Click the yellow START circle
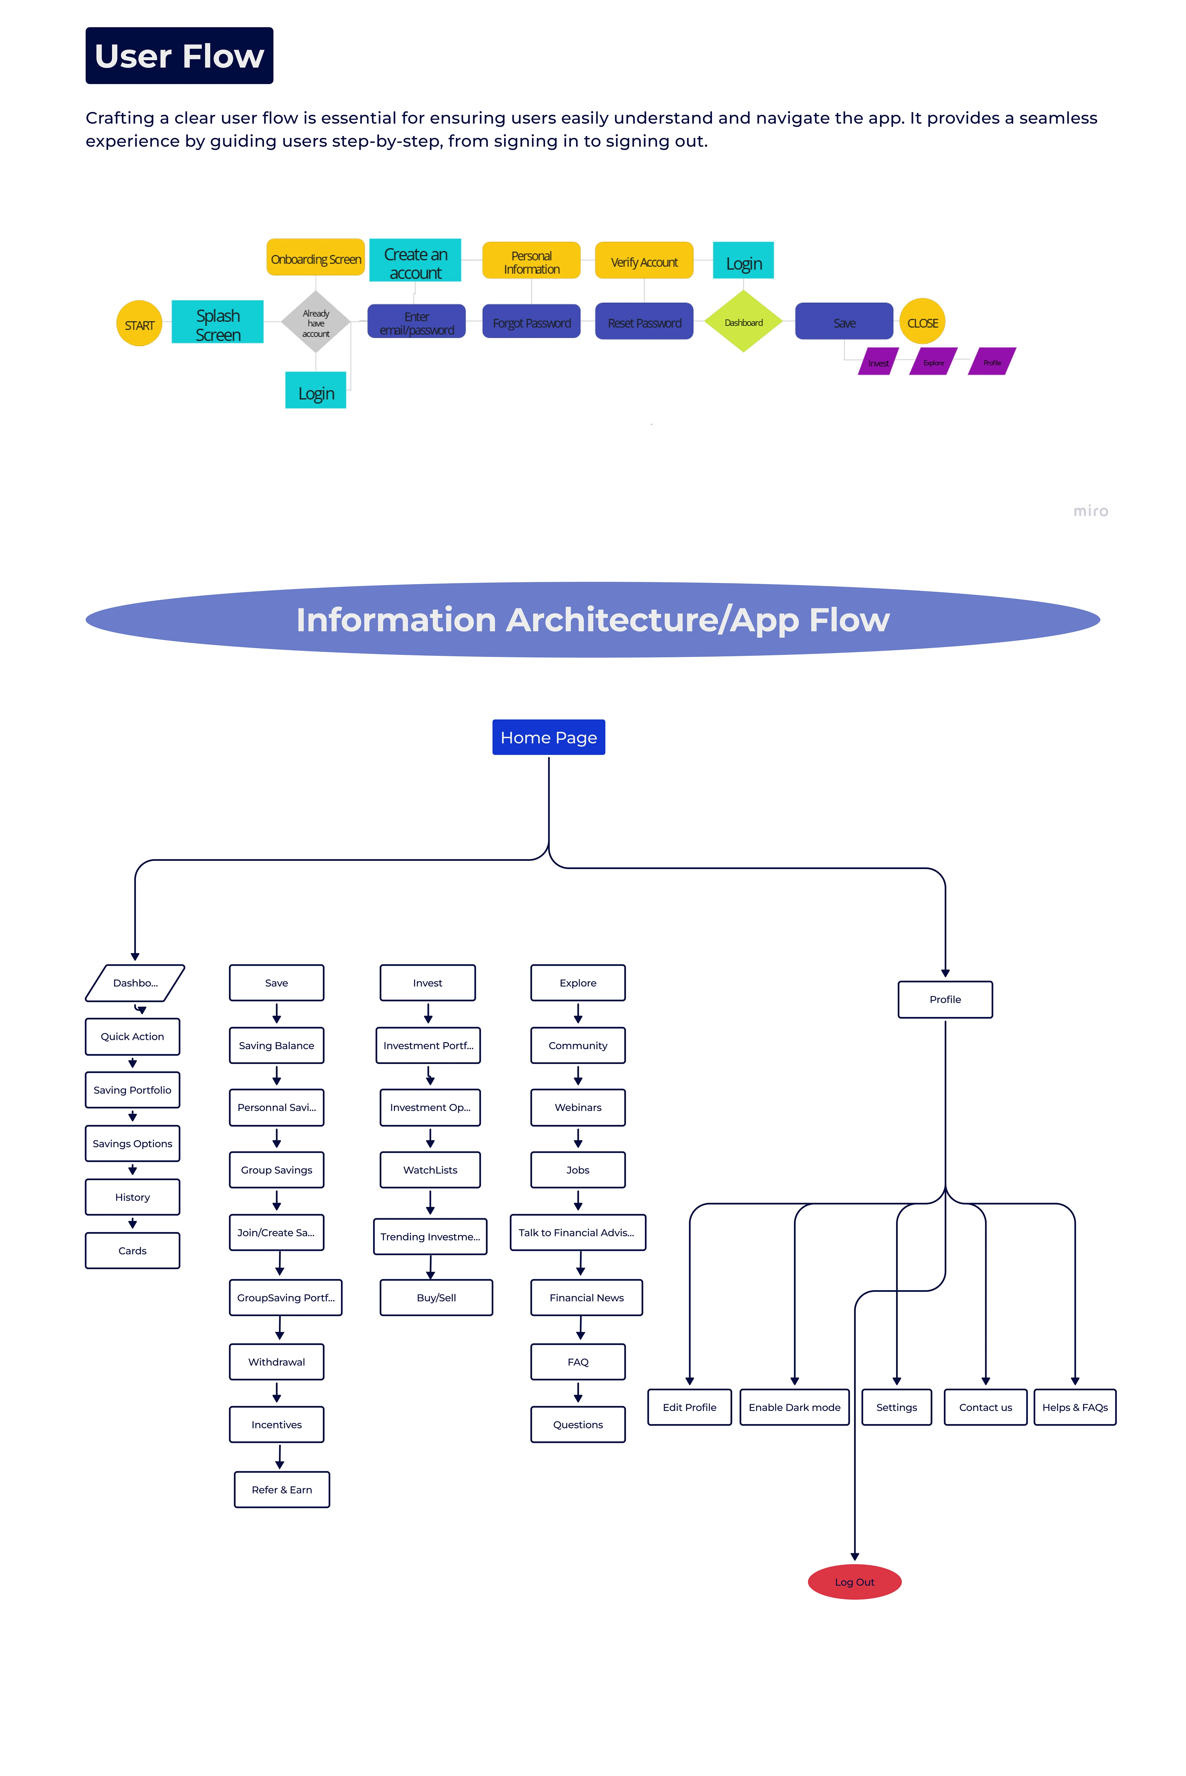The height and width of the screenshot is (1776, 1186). [x=139, y=324]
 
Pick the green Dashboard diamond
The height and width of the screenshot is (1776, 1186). [x=743, y=322]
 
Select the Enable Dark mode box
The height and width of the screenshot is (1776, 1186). [x=794, y=1407]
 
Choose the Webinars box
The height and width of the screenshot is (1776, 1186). [x=578, y=1107]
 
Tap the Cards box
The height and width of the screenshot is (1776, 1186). [x=132, y=1250]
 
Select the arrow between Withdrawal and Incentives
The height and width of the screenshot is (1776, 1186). [x=277, y=1392]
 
